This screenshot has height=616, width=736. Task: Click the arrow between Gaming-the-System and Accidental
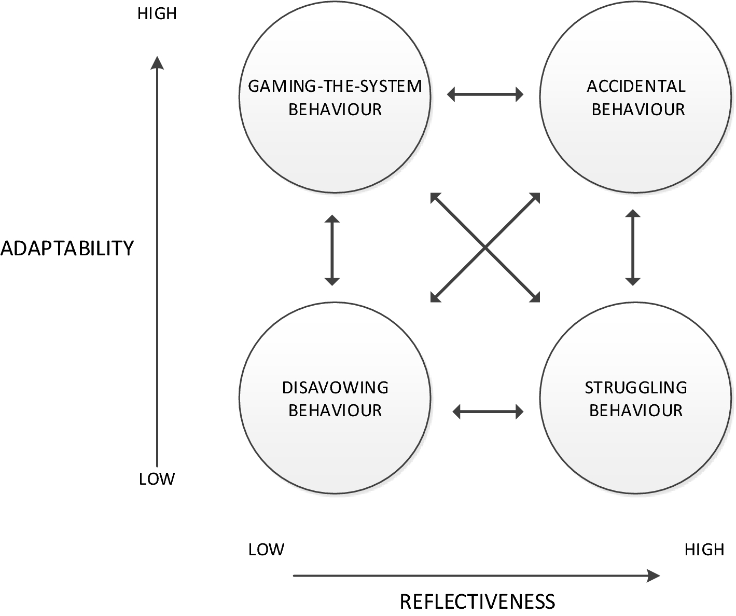(x=485, y=94)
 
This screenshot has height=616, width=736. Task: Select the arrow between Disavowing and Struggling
(x=488, y=412)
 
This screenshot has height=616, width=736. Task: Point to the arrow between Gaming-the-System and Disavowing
(x=332, y=250)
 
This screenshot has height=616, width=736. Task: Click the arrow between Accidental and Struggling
(x=632, y=248)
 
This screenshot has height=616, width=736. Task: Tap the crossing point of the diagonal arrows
(x=485, y=248)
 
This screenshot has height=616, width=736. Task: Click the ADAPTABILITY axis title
(x=67, y=249)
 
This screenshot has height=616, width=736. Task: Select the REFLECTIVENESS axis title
(x=477, y=601)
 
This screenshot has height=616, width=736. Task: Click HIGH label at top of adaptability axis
(x=157, y=14)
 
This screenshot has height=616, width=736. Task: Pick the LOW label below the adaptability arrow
(x=157, y=479)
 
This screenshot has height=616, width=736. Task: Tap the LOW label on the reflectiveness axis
(x=266, y=550)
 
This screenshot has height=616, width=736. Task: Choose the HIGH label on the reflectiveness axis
(x=704, y=550)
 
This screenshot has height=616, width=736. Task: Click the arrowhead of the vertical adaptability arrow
(x=157, y=63)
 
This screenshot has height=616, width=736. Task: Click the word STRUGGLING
(x=636, y=388)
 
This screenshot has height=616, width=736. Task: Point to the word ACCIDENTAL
(x=636, y=86)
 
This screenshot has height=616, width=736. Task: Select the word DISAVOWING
(x=335, y=388)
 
